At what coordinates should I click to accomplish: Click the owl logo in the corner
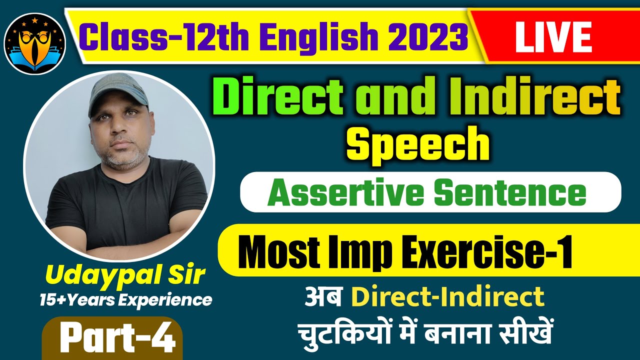34,43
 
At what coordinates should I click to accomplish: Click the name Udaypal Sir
125,274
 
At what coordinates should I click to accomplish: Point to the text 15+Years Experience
125,299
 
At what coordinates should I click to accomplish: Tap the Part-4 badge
116,338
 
